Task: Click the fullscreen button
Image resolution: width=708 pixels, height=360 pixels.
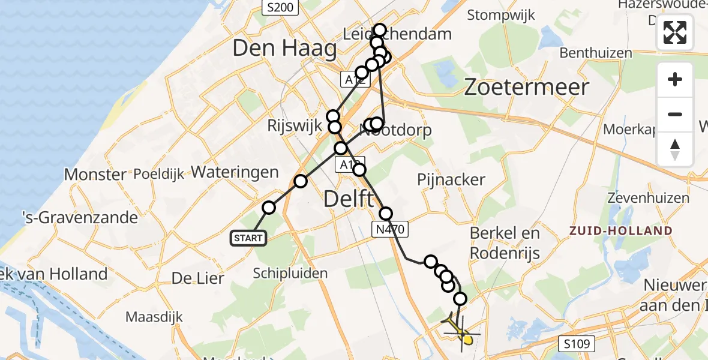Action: click(675, 32)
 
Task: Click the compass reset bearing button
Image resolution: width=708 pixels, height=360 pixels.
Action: click(675, 149)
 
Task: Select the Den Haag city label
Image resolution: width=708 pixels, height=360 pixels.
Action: click(284, 49)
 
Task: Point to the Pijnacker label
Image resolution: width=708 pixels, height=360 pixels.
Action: click(452, 179)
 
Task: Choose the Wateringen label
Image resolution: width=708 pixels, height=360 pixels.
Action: click(235, 173)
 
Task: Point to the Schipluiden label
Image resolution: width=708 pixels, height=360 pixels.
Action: click(290, 274)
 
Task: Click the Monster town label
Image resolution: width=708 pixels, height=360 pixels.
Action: click(95, 175)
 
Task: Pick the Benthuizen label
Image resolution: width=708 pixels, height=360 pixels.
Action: click(596, 53)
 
